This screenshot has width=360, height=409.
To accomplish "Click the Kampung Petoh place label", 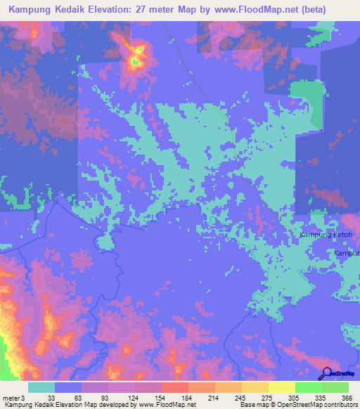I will coord(326,234).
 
